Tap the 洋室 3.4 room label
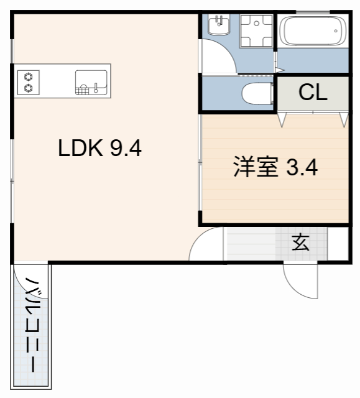(x=275, y=167)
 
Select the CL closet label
(x=313, y=93)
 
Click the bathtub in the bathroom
(x=313, y=31)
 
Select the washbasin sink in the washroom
(x=219, y=27)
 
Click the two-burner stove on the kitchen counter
(x=28, y=81)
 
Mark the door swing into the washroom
(x=218, y=59)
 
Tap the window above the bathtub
(x=313, y=12)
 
